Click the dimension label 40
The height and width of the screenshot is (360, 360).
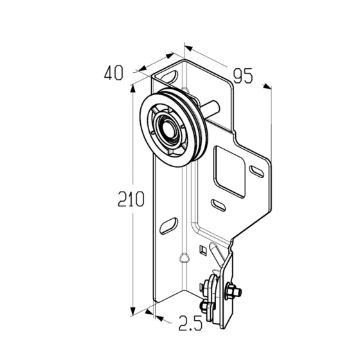114,73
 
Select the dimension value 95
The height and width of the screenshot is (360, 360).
243,76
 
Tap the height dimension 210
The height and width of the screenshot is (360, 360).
131,199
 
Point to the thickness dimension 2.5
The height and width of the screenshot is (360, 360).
190,323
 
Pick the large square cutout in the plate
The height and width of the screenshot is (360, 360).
230,172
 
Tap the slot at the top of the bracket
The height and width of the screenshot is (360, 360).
170,76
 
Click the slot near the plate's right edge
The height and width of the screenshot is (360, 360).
256,171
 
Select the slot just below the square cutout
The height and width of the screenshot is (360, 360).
218,205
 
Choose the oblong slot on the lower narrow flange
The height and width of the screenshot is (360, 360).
169,226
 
